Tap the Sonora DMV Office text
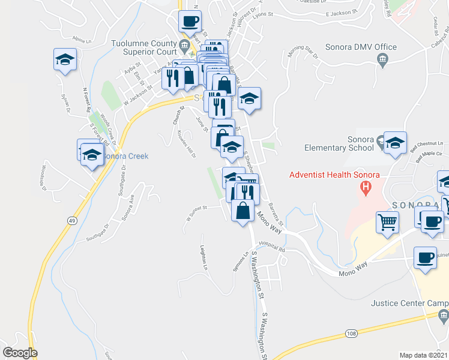(361, 47)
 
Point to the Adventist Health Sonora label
(334, 175)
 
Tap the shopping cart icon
(388, 221)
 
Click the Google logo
(20, 353)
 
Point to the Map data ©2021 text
(424, 355)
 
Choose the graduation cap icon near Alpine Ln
(65, 59)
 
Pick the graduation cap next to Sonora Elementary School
(395, 143)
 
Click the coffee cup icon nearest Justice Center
(426, 257)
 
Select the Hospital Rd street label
(271, 245)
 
